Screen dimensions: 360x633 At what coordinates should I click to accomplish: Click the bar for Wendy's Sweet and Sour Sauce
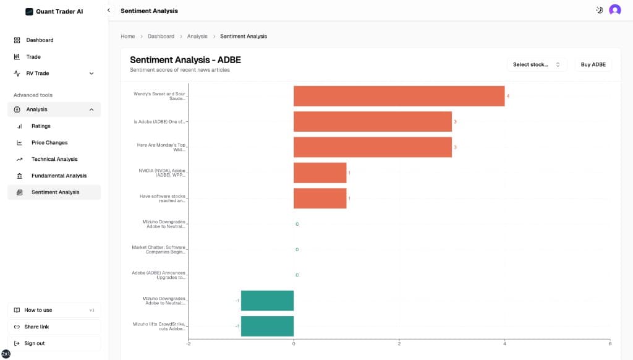[399, 96]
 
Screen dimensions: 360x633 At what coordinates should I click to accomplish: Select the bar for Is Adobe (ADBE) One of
[372, 121]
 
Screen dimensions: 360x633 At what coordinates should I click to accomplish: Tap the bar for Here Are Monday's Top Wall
[372, 147]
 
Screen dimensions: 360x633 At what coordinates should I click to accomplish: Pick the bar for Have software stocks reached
[320, 198]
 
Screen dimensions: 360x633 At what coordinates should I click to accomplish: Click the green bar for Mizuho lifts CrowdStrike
[267, 326]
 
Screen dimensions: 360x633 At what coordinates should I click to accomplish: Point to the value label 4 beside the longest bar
[508, 96]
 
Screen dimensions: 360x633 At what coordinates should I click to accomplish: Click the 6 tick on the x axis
[610, 343]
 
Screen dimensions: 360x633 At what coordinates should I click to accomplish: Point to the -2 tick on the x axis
[188, 343]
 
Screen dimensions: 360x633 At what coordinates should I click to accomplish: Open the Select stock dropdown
[536, 64]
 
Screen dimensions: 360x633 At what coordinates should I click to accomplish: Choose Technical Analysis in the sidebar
[54, 159]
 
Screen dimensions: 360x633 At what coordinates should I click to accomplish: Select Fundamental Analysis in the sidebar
[59, 176]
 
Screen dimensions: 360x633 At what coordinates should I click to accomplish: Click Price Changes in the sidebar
[49, 142]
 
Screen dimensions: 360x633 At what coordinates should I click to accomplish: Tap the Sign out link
[35, 343]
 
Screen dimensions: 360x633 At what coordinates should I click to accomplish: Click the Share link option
[36, 327]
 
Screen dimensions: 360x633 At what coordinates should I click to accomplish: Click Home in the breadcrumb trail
[127, 36]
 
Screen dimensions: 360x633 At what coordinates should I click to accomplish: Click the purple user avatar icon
[614, 10]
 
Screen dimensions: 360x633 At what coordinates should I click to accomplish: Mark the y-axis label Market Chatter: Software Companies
[158, 249]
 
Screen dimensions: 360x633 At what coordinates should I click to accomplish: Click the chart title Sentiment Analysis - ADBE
[185, 60]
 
